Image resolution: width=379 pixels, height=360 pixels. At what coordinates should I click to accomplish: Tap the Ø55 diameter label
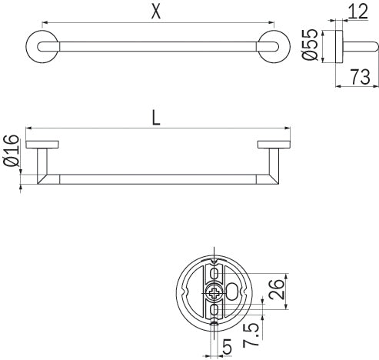(x=311, y=47)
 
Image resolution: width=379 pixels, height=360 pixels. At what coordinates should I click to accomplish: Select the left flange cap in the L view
(x=42, y=144)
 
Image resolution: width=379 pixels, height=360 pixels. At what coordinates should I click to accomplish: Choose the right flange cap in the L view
(x=271, y=144)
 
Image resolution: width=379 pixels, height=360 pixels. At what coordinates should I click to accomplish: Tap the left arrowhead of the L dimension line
(x=29, y=127)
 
